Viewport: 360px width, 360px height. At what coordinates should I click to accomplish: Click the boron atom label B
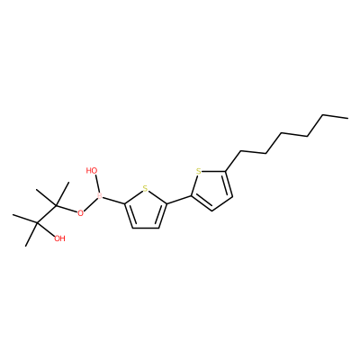(x=100, y=196)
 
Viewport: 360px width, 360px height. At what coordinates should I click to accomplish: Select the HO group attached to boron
(x=92, y=171)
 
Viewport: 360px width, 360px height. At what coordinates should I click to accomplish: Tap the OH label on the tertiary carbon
(x=59, y=238)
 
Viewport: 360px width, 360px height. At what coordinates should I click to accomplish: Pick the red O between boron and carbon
(x=80, y=213)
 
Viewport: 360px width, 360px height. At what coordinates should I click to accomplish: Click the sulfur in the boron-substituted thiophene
(x=145, y=189)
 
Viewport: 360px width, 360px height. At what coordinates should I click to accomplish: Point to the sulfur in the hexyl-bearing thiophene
(x=198, y=172)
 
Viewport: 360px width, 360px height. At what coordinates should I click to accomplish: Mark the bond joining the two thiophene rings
(x=179, y=200)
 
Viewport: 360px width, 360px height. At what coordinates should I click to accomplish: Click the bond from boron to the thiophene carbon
(x=113, y=201)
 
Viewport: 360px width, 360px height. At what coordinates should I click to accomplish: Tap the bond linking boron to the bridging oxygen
(x=91, y=204)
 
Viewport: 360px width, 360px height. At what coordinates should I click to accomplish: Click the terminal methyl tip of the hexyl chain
(x=348, y=118)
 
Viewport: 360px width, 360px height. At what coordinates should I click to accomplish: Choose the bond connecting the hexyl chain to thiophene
(x=233, y=162)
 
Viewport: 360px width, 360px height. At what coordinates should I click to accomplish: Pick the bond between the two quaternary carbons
(x=47, y=214)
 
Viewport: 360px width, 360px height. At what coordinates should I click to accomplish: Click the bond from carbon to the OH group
(x=46, y=229)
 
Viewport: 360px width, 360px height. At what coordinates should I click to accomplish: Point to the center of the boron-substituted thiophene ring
(x=145, y=210)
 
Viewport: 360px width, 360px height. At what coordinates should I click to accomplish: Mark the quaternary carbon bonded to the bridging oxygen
(x=56, y=205)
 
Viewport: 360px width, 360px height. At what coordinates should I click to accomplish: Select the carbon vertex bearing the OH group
(x=38, y=223)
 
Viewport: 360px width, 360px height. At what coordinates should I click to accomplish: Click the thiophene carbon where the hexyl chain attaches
(x=225, y=172)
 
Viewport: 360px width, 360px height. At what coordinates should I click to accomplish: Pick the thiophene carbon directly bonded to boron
(x=124, y=204)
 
